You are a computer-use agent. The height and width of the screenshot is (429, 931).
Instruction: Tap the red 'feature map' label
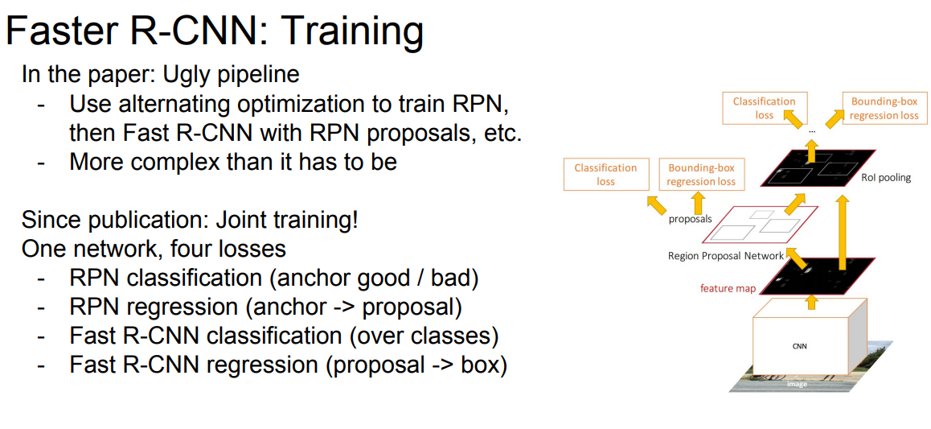click(728, 290)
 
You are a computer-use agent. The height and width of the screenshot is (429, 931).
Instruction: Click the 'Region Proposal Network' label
click(725, 256)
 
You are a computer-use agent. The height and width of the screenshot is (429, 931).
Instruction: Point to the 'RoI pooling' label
click(885, 178)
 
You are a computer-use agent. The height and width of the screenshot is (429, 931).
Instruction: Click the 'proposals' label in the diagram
click(691, 219)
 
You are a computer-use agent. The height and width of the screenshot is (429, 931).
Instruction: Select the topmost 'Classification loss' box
click(764, 108)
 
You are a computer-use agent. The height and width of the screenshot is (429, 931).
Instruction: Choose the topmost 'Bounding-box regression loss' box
click(884, 108)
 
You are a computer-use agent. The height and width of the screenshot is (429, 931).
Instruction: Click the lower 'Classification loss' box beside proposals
click(605, 174)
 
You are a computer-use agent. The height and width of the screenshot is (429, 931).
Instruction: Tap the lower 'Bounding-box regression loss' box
click(700, 174)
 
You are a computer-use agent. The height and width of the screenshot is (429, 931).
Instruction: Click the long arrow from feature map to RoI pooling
click(842, 235)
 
